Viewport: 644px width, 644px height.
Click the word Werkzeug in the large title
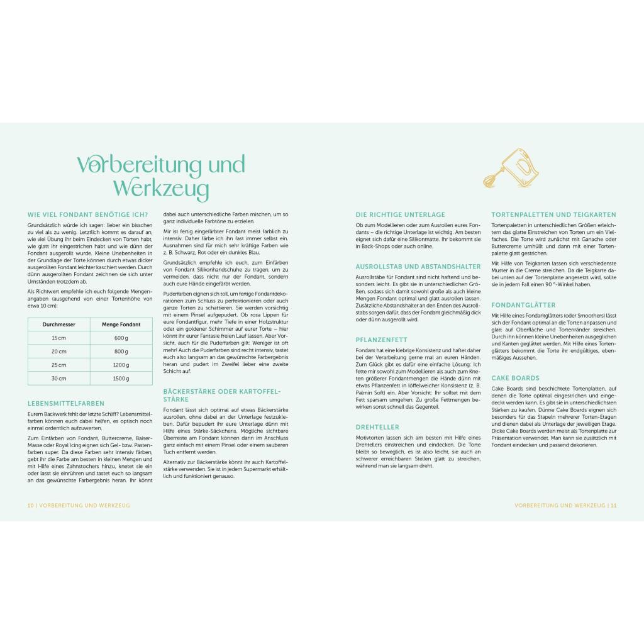point(161,188)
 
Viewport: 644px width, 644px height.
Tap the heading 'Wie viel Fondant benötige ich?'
point(87,214)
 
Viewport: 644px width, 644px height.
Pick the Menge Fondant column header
point(121,325)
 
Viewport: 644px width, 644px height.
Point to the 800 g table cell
point(121,352)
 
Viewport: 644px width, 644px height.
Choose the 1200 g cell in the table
point(121,365)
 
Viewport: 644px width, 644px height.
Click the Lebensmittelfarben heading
point(65,403)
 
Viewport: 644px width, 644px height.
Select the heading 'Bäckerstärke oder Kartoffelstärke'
point(221,395)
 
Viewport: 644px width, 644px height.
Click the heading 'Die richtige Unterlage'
point(400,214)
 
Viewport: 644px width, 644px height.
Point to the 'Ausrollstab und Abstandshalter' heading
point(418,266)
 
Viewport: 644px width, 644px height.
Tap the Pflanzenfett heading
point(381,340)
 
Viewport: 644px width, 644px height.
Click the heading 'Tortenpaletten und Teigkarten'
point(553,214)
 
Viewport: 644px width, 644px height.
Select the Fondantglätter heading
point(523,304)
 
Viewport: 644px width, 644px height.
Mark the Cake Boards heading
point(515,378)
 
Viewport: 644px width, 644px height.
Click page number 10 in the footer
point(30,505)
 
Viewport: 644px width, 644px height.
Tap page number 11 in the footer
point(614,505)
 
